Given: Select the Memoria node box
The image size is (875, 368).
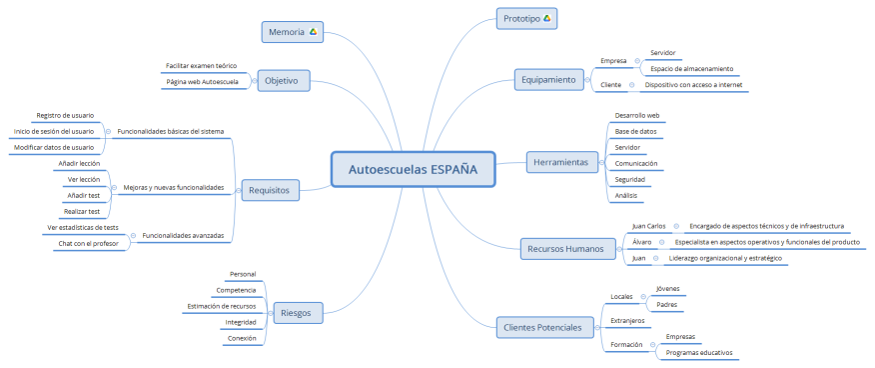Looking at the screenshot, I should (293, 32).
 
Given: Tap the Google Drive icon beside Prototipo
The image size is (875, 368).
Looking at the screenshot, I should (546, 18).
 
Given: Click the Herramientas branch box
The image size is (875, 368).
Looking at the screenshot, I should (560, 162).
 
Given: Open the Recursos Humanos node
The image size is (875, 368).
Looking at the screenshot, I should (566, 249).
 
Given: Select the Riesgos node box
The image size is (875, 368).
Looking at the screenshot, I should (296, 313).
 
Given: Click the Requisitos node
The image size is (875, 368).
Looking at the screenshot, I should (270, 188).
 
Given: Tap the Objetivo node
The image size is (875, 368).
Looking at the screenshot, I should (282, 81).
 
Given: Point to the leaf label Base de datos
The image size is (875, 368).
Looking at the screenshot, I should (635, 131).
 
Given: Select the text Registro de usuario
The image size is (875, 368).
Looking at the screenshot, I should (65, 115).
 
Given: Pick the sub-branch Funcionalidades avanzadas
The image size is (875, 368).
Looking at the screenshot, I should (183, 236).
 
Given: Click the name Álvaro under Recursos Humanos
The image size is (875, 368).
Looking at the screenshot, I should (642, 243).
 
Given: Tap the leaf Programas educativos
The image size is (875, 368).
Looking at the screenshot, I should (699, 353).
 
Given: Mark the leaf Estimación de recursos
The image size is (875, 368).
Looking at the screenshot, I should (221, 306).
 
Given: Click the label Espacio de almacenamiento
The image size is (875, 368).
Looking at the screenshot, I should (691, 69).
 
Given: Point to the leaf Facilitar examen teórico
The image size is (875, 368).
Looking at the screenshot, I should (201, 66).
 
